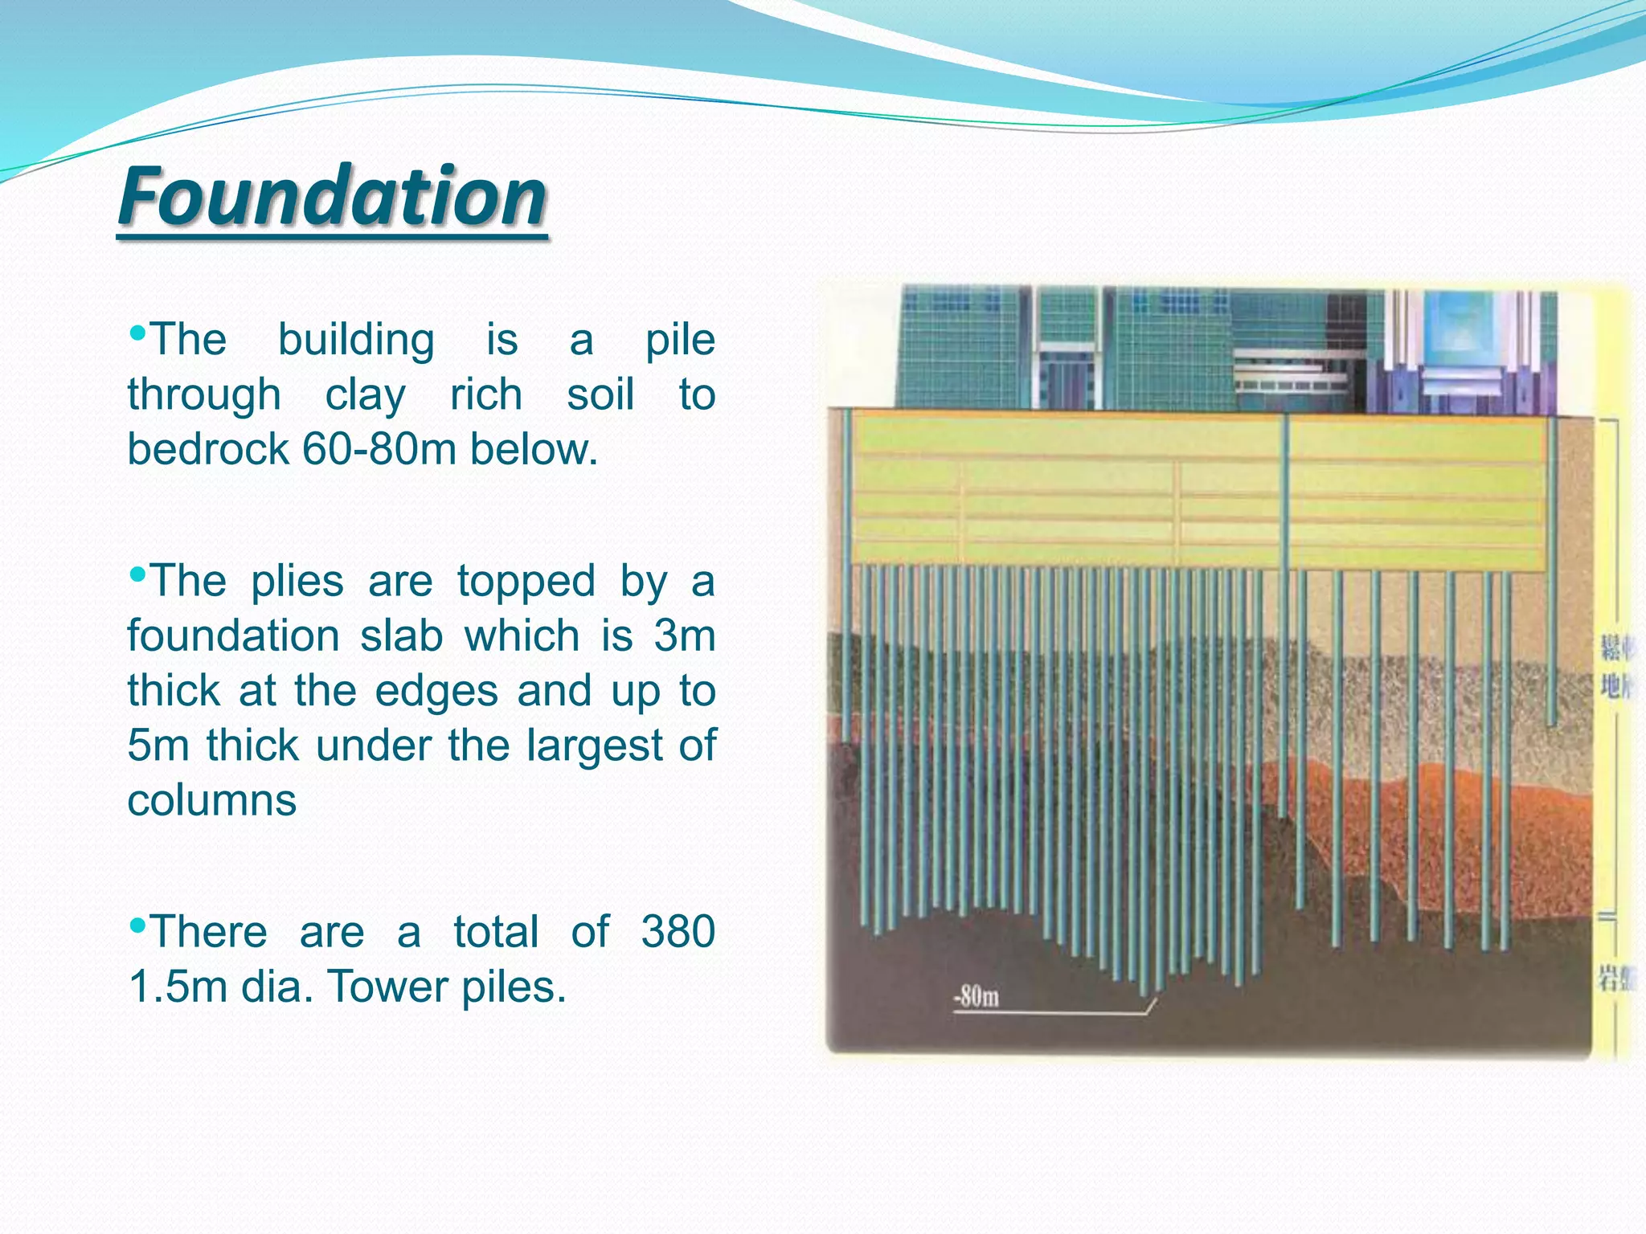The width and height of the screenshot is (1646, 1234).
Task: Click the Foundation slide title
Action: coord(333,196)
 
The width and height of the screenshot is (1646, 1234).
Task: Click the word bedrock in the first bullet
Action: coord(207,449)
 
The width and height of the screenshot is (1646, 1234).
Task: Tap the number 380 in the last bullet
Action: coord(678,932)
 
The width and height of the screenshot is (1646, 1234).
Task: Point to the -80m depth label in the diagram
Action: coord(976,997)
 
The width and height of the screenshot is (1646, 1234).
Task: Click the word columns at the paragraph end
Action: coord(212,800)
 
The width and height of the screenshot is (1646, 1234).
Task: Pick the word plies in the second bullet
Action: coord(297,581)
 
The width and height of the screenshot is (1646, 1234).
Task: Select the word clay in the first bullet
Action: coord(365,395)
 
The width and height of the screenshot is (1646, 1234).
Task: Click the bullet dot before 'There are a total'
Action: coord(137,925)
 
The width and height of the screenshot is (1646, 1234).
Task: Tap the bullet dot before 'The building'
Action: coord(137,332)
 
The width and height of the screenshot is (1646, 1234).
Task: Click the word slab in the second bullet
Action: coord(401,635)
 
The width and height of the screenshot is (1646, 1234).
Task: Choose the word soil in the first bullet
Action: coord(600,395)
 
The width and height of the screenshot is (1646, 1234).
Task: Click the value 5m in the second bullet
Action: coord(158,746)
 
